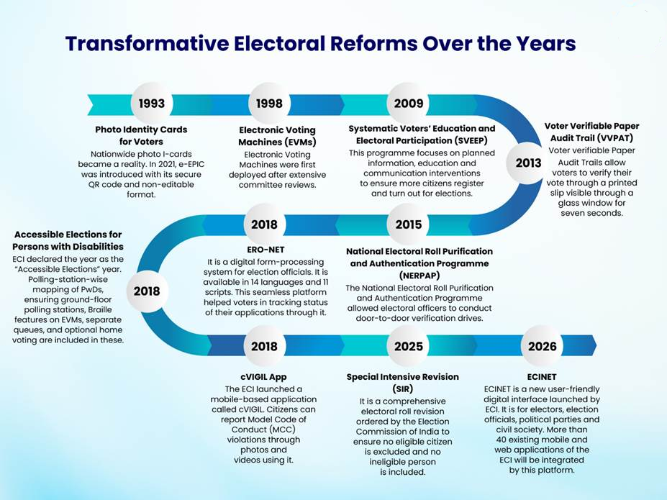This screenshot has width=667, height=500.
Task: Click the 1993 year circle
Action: click(x=151, y=104)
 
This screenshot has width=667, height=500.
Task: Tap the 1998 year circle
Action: click(x=269, y=104)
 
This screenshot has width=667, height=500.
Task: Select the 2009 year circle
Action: click(x=409, y=104)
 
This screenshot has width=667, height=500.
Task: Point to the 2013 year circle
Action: click(x=528, y=163)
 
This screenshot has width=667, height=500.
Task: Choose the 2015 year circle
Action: click(x=409, y=224)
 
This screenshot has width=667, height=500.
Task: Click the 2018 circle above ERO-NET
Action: click(x=264, y=224)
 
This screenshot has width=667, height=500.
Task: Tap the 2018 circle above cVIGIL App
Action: click(x=264, y=346)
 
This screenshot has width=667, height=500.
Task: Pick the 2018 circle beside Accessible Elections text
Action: click(x=147, y=291)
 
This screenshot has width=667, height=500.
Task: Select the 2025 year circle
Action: click(x=409, y=346)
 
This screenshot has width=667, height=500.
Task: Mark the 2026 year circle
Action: click(x=542, y=346)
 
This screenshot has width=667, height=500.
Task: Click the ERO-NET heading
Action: click(x=266, y=250)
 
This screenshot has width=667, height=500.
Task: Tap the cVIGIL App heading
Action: click(x=263, y=377)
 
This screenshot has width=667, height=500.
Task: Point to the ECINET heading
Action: click(x=542, y=377)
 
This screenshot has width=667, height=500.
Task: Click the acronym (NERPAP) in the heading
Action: click(x=419, y=276)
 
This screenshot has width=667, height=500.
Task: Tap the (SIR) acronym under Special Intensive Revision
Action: click(x=402, y=389)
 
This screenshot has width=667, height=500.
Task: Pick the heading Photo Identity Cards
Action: click(x=141, y=129)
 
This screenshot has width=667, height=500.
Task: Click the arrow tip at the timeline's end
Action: click(x=596, y=346)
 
